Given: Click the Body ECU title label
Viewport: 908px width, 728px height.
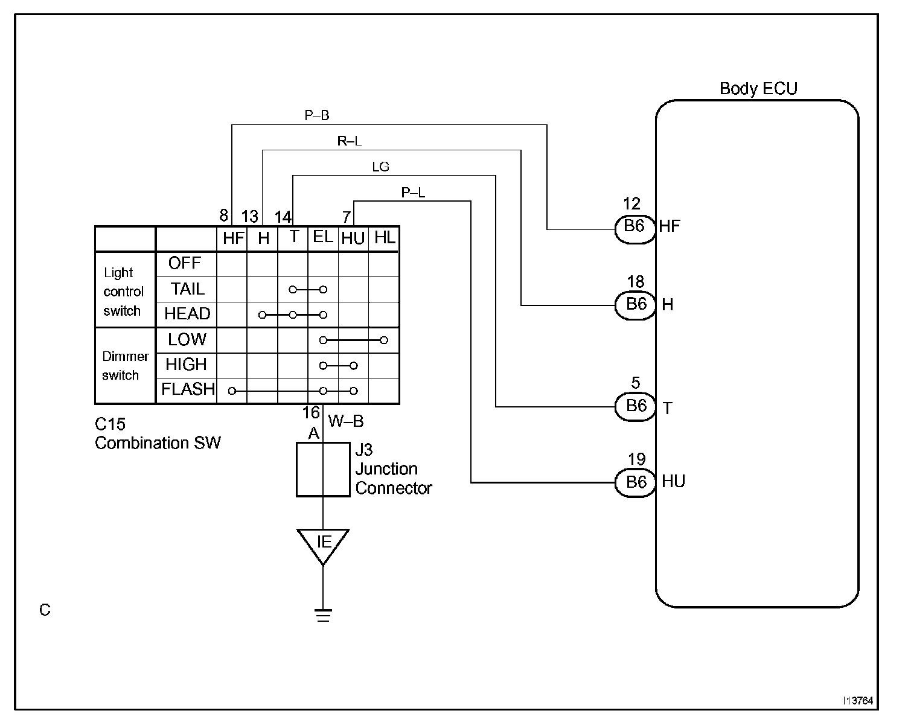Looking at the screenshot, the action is coord(758,89).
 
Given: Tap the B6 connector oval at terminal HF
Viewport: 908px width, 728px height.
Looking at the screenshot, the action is coord(635,229).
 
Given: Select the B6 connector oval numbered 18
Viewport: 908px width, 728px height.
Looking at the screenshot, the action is coord(635,305).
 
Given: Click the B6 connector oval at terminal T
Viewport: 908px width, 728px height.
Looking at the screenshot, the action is coord(635,406).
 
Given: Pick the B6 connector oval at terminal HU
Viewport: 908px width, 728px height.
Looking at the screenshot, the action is coord(635,483).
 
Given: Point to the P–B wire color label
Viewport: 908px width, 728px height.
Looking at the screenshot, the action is coord(317,115).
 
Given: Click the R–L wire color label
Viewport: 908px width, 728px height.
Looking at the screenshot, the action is coord(350,141).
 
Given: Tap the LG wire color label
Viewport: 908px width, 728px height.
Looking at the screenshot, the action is coord(380,167).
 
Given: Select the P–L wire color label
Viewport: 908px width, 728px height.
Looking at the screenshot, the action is coord(413,193).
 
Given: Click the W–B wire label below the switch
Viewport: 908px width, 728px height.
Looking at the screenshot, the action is coord(346,421).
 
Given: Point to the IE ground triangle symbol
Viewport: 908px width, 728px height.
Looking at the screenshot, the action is coord(323,546).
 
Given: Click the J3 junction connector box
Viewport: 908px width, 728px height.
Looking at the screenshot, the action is coord(323,469).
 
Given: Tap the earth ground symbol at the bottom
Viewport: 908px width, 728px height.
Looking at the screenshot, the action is coord(323,615).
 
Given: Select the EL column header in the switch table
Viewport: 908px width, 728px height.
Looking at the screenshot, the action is coord(323,237).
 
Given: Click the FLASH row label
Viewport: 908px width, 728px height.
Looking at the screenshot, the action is coord(188,389).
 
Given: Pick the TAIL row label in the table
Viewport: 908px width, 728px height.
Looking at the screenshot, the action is coord(187,289).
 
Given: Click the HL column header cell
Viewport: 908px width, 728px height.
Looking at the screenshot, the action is coord(385,238).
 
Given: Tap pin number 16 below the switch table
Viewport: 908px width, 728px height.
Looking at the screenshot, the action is coord(311,412).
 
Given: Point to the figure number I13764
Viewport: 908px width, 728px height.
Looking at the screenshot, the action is coord(858,701).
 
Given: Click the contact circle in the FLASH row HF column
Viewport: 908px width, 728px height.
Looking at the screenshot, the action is coord(232,391).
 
